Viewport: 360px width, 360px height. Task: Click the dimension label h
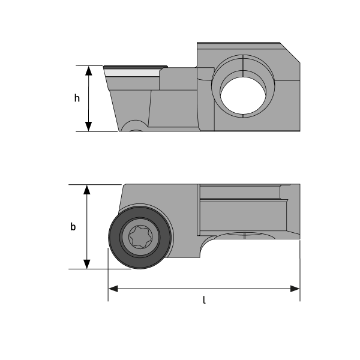pyautogui.click(x=77, y=98)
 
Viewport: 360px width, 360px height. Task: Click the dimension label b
pyautogui.click(x=73, y=227)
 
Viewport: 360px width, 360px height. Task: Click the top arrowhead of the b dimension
pyautogui.click(x=87, y=190)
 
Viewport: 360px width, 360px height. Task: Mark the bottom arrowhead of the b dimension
pyautogui.click(x=87, y=264)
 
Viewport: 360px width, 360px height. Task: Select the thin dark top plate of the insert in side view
pyautogui.click(x=135, y=67)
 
